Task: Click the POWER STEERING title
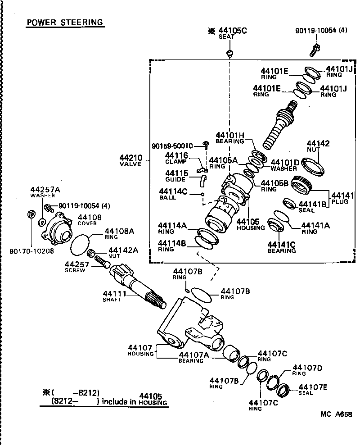[65, 22]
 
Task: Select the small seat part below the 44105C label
[230, 54]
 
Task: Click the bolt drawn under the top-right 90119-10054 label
[315, 50]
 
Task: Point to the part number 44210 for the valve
[131, 158]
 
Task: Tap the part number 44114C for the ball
[172, 191]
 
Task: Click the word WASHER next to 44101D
[284, 168]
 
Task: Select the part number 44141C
[282, 244]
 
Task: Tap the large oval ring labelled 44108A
[81, 246]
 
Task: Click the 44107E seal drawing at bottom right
[284, 391]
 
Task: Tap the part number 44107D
[307, 368]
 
